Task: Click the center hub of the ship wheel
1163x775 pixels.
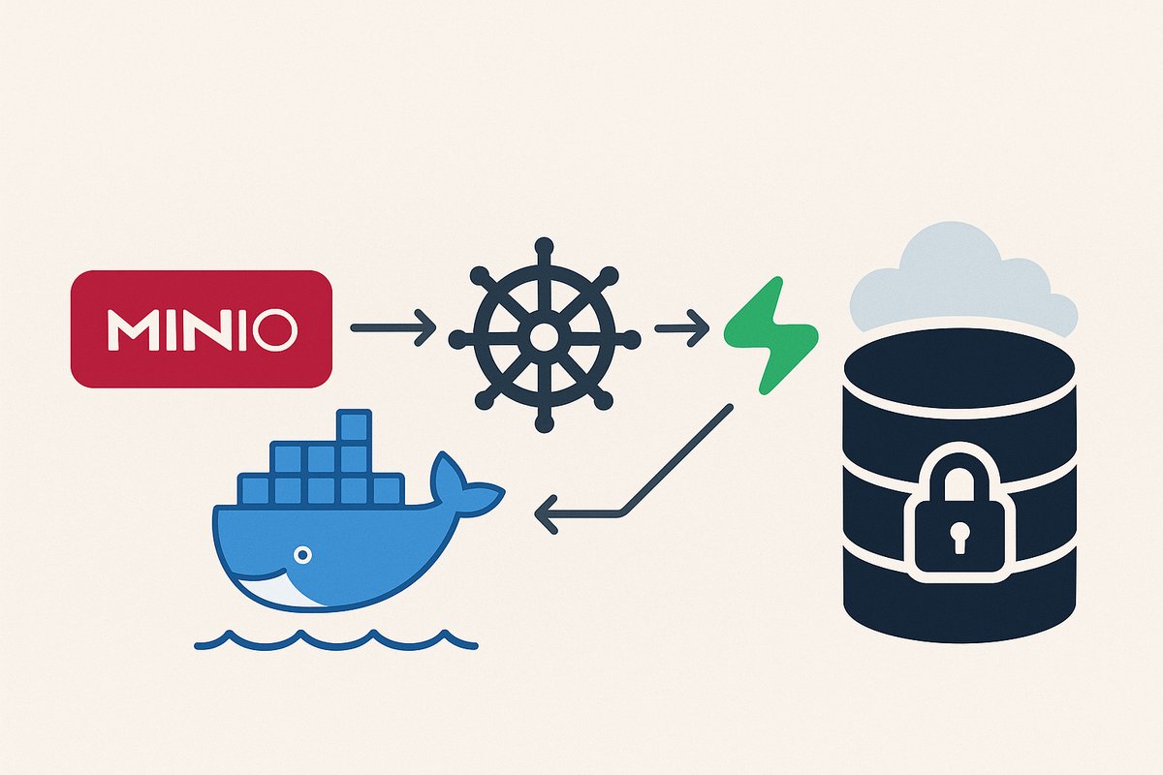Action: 545,336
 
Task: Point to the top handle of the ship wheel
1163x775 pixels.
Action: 545,246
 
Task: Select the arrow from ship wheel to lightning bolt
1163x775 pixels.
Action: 682,329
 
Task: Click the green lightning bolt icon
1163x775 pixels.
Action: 771,334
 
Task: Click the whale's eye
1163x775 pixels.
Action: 302,555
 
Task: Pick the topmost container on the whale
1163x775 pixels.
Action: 354,426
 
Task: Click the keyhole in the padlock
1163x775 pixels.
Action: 958,536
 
